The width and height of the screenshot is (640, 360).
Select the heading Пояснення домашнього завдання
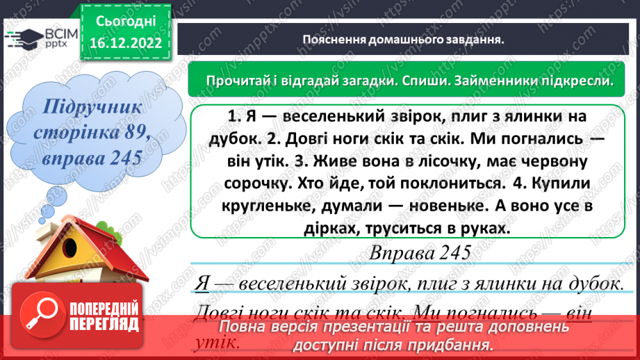(x=404, y=40)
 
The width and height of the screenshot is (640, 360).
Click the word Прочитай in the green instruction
(x=233, y=81)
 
